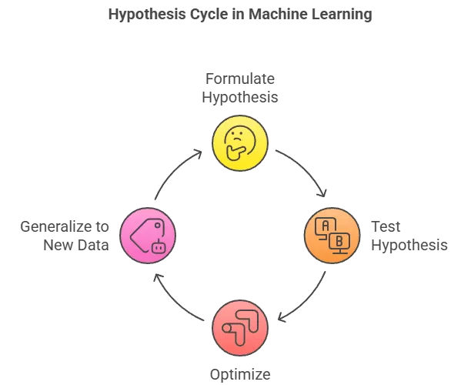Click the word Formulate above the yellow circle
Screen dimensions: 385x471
(239, 80)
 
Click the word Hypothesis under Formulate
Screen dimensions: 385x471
(239, 98)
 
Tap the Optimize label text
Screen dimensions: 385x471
(240, 375)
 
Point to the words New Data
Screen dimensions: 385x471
(75, 246)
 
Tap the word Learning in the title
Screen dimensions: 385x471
(338, 15)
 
